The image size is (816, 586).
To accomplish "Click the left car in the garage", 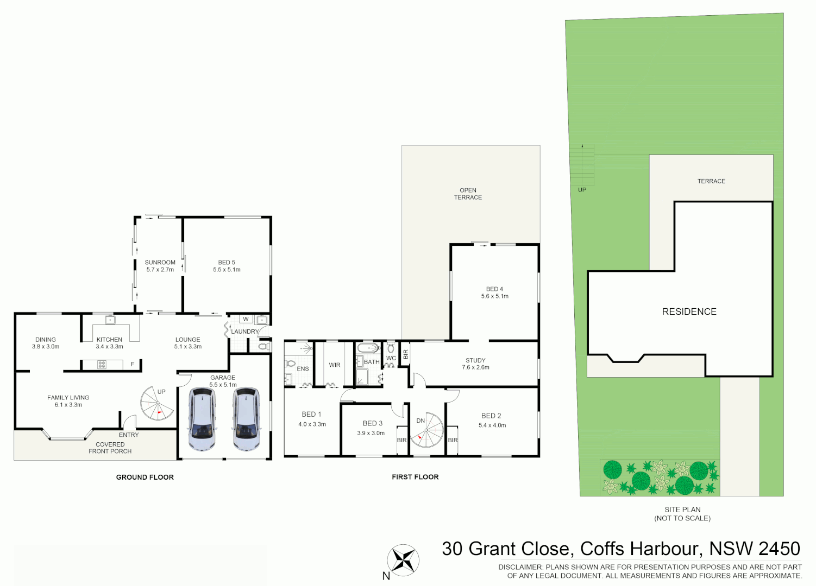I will (202, 419).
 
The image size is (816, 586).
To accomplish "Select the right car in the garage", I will (246, 419).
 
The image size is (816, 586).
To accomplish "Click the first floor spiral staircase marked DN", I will (427, 430).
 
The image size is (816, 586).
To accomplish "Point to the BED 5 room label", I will (227, 263).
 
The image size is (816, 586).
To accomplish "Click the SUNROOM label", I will (160, 263).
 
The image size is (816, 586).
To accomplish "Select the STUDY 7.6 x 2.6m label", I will (475, 364).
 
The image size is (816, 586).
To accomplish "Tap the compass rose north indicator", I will (403, 560).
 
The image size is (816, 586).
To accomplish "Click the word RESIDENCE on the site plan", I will (689, 311).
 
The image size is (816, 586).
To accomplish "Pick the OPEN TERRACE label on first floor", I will (468, 194).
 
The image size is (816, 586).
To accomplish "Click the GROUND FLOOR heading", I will (145, 477).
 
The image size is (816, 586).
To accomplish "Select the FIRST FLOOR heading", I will (415, 477).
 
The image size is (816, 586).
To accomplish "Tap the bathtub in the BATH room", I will (368, 348).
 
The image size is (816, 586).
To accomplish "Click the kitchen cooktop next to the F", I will (102, 365).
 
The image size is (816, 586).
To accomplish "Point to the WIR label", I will (335, 365).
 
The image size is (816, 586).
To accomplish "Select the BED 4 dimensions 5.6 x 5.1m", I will (494, 296).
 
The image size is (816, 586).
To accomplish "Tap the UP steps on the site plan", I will (582, 165).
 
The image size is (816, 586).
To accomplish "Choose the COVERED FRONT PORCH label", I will (110, 448).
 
